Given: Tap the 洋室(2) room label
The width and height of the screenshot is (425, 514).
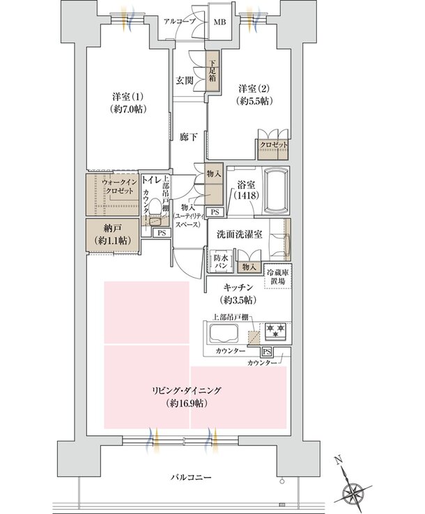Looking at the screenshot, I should [x=254, y=95].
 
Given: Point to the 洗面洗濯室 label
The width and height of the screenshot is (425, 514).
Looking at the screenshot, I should [x=238, y=235].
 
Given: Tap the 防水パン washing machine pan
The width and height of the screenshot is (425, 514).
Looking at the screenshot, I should [x=220, y=262].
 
